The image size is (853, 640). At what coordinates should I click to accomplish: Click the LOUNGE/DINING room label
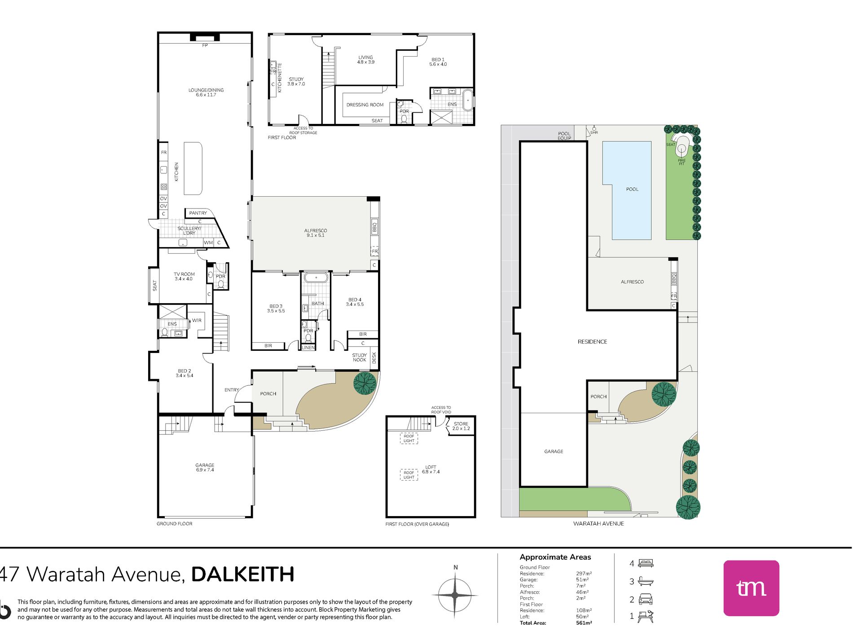point(206,93)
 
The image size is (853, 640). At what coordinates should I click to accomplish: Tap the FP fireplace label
point(205,45)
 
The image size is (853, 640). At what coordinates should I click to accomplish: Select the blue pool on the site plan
point(627,190)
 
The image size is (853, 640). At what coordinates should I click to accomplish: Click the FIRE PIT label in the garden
point(682,162)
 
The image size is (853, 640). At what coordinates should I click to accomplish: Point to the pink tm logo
point(751,588)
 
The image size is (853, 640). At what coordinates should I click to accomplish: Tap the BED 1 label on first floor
point(438,62)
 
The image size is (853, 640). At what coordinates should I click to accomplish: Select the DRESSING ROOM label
point(365,105)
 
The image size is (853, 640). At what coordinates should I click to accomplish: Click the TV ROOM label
point(184,276)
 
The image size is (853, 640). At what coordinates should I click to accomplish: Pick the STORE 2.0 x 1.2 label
point(461,426)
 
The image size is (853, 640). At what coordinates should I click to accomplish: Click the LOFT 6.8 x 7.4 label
point(431,469)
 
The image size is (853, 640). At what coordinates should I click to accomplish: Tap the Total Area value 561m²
point(584,623)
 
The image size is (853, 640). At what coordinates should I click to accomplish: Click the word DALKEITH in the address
point(243,574)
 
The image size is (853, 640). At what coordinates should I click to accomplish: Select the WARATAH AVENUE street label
point(598,523)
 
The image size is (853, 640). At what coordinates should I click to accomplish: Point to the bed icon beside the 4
point(646,563)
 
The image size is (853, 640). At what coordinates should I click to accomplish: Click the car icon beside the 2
point(645,599)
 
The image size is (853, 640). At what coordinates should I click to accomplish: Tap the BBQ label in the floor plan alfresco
point(374,226)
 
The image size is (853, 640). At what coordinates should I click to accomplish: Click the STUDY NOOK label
point(359,358)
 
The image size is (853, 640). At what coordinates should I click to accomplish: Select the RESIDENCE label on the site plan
point(592,342)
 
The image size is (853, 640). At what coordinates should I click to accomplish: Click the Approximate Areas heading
point(555,557)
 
